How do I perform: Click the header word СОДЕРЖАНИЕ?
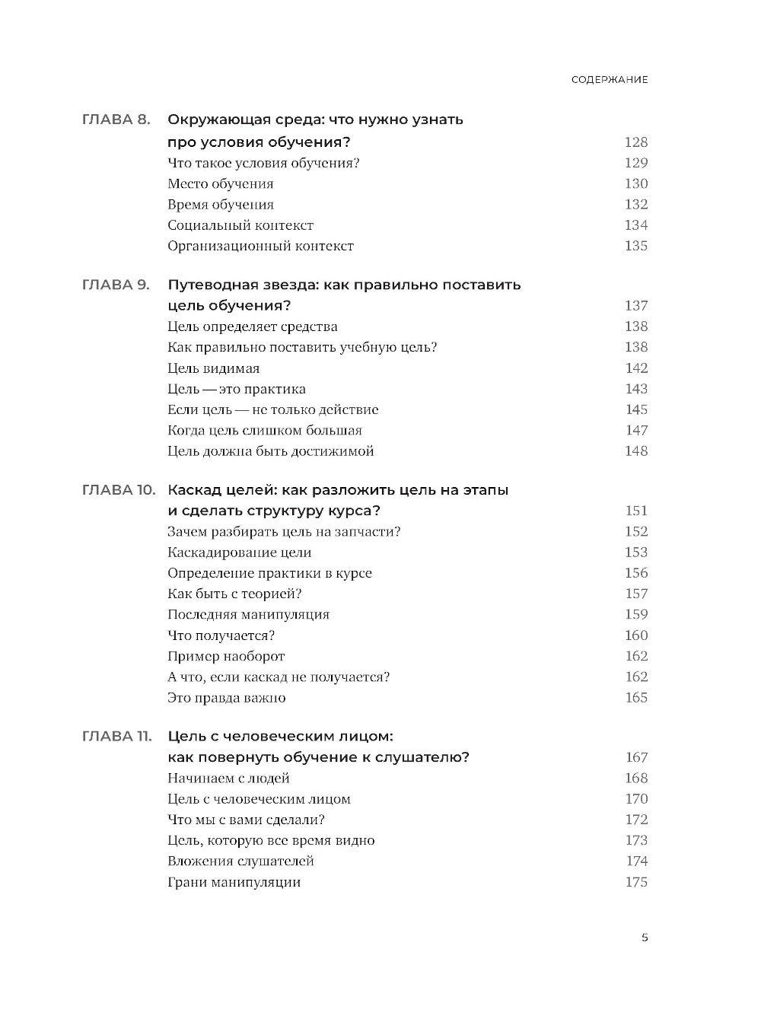coord(610,80)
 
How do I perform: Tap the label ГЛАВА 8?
coord(116,120)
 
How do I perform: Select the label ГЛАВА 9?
coord(116,285)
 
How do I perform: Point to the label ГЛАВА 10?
coord(118,490)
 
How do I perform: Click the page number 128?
coord(635,142)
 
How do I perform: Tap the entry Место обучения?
coord(220,183)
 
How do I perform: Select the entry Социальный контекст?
coord(240,225)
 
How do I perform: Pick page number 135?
coord(635,246)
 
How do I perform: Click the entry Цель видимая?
coord(213,368)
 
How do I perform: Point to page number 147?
coord(636,430)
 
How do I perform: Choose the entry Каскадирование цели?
coord(239,552)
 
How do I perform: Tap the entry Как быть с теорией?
coord(234,594)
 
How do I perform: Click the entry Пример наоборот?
coord(226,656)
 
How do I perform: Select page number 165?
coord(635,697)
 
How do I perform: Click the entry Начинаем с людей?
coord(228,778)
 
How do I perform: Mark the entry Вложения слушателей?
coord(240,861)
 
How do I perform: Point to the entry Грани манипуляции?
coord(234,882)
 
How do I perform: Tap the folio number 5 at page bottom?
coord(645,938)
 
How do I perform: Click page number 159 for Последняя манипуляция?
coord(635,614)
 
